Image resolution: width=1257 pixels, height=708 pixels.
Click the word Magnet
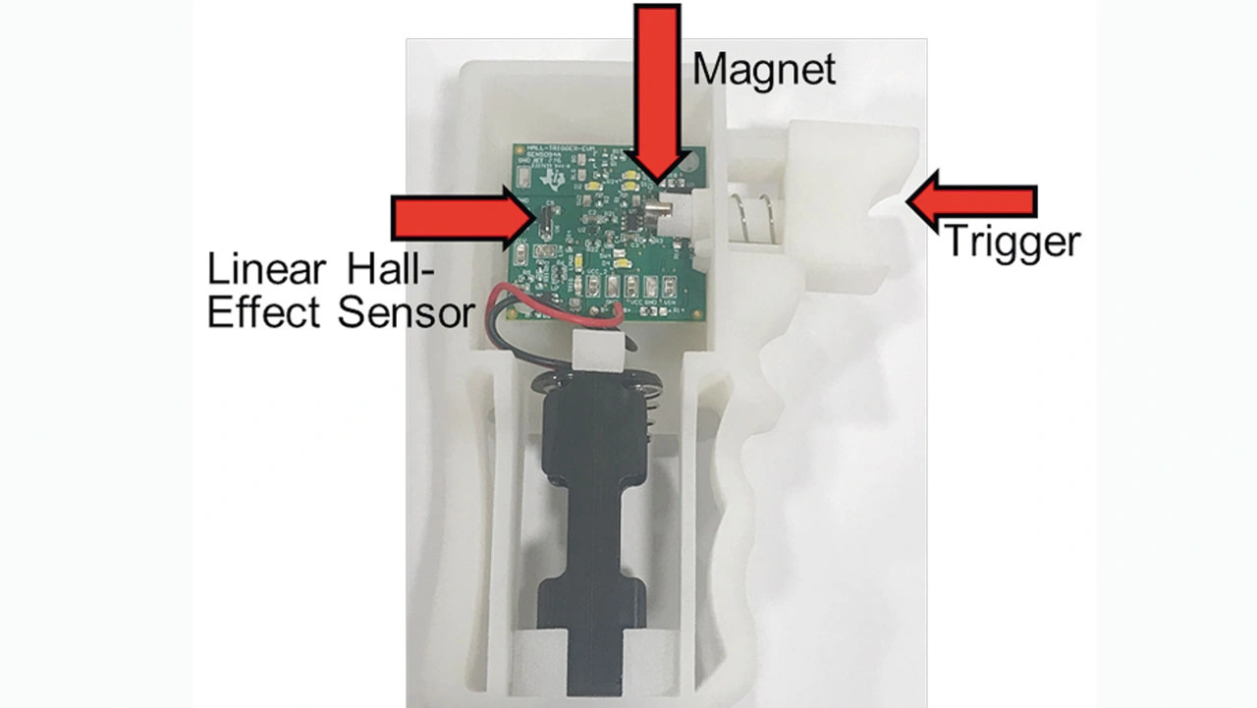pos(764,70)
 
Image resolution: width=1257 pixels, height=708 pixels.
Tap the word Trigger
pos(1011,241)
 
